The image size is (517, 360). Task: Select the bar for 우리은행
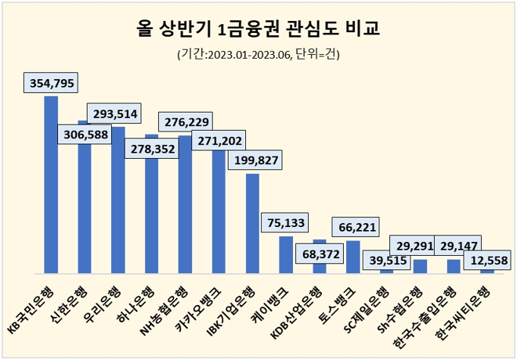pos(118,203)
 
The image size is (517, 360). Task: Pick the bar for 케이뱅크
pos(286,254)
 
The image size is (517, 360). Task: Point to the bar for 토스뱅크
pos(353,257)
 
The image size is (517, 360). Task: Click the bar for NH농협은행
pos(185,207)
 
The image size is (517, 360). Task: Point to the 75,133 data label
pos(286,222)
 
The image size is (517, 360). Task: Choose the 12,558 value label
pos(487,260)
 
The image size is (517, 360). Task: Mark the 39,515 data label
pos(387,261)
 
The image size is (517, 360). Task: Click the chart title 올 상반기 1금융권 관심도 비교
pos(258,30)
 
